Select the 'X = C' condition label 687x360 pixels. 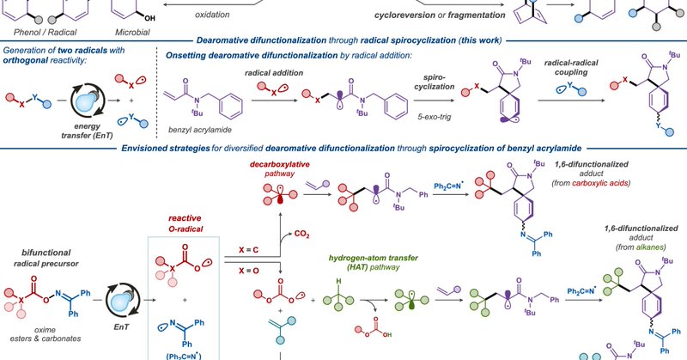pos(256,249)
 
